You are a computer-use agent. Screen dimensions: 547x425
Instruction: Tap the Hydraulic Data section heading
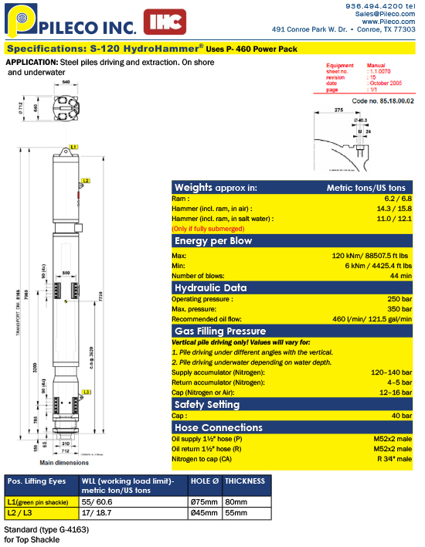210,287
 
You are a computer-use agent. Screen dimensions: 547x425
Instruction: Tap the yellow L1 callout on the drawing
73,145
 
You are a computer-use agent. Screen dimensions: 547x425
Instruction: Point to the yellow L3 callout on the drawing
87,392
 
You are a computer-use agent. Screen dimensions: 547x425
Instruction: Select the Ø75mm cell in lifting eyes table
205,501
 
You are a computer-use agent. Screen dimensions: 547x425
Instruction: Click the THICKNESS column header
246,481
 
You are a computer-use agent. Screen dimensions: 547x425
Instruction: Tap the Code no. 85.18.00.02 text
382,100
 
